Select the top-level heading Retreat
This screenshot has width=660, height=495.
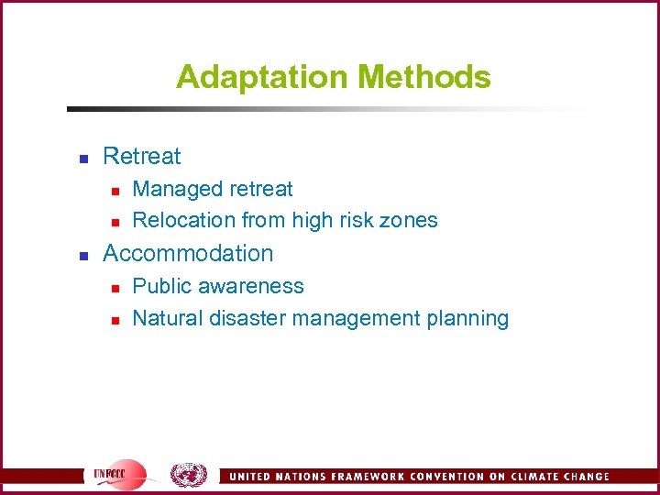tap(142, 157)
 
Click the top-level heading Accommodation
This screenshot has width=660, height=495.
tap(188, 253)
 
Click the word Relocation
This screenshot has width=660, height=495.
tap(183, 220)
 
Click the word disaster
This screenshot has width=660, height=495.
tap(245, 318)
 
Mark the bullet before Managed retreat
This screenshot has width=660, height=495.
tap(115, 191)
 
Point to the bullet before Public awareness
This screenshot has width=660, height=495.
tap(115, 288)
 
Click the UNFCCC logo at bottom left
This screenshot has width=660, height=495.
tap(119, 475)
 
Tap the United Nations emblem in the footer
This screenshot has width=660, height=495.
tap(189, 475)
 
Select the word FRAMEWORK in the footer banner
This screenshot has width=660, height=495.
tap(359, 477)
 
